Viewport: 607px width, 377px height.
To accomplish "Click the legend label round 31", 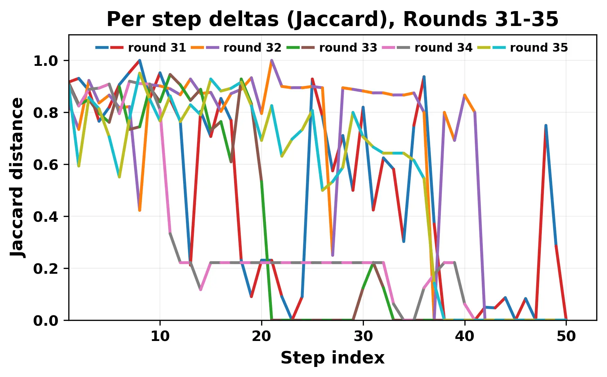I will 157,47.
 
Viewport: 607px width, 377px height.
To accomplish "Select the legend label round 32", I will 252,47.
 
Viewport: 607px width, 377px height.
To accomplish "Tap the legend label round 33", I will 348,47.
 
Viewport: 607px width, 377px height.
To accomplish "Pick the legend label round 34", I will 443,47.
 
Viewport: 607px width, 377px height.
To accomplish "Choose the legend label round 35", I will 539,47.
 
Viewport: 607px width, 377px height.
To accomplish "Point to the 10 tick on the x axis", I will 160,336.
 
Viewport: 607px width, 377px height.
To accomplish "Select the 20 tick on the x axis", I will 262,336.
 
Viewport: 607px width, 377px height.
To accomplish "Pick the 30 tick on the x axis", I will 363,336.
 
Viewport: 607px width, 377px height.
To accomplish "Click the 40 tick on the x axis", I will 465,336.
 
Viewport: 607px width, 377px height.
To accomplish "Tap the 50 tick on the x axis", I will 566,336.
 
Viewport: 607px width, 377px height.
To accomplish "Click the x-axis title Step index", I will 332,358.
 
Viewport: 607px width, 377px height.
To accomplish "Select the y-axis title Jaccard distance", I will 17,177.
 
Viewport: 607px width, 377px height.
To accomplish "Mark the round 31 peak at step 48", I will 546,125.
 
